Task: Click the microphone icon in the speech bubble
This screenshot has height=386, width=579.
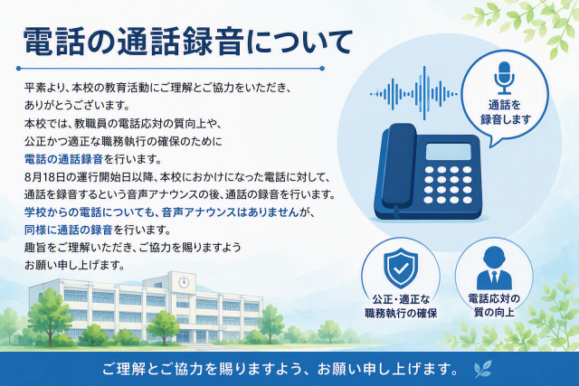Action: (x=504, y=78)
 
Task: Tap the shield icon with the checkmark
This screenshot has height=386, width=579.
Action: (x=401, y=268)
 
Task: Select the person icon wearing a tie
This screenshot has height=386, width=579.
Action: (x=494, y=268)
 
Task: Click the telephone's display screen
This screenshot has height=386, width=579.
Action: (x=449, y=152)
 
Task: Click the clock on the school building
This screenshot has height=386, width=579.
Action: (x=184, y=283)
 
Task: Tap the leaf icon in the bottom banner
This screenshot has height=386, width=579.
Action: (x=482, y=369)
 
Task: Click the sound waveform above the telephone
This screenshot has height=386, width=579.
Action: (x=413, y=94)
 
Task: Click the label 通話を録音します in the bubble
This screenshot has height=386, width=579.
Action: (x=505, y=112)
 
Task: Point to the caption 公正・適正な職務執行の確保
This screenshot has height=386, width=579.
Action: (x=401, y=306)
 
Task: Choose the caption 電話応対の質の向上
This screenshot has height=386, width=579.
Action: (x=494, y=306)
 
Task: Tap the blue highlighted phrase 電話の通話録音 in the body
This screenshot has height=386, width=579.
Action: (x=63, y=159)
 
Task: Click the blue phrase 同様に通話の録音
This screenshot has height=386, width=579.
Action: (x=69, y=230)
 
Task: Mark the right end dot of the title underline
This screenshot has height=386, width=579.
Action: (x=322, y=69)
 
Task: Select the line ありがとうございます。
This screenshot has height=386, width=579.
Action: (x=78, y=106)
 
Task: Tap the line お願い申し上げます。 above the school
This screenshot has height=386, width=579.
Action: (x=75, y=265)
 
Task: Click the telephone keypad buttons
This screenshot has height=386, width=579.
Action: (x=448, y=184)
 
